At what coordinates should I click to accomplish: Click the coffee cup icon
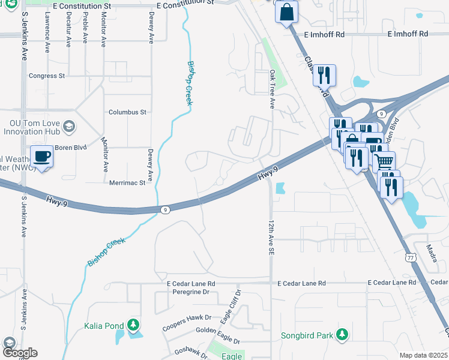tap(42, 157)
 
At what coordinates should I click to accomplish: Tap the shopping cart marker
tap(384, 161)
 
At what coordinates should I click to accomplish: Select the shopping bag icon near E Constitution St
tap(287, 11)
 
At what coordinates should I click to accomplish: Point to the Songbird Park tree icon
tap(342, 334)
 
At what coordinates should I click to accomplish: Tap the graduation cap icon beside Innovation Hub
tap(69, 126)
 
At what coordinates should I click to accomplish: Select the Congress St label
tap(47, 76)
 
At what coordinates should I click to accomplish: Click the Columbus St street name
tap(127, 112)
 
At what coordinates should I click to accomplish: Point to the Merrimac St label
tap(127, 182)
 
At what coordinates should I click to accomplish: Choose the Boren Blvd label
tap(71, 148)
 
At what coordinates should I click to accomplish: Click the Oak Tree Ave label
tap(272, 89)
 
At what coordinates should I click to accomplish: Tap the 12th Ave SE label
tap(271, 238)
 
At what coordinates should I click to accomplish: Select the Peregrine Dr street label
tap(188, 292)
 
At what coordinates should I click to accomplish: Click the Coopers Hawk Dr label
tap(187, 322)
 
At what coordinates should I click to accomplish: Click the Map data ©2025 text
tap(423, 355)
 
